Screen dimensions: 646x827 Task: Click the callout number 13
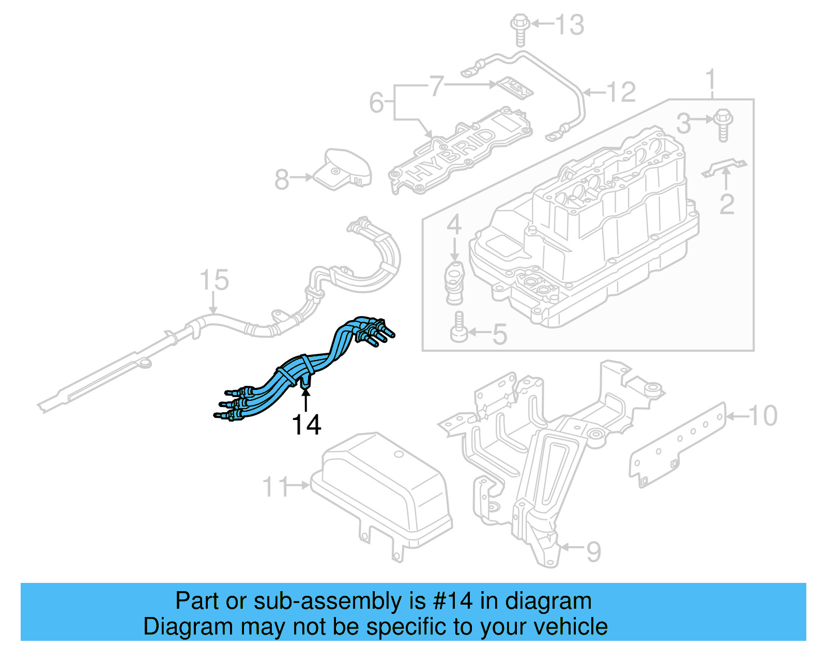(x=570, y=24)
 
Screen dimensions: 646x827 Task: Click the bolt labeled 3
(x=723, y=124)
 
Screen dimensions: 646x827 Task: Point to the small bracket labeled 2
(x=725, y=168)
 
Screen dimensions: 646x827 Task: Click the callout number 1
(x=711, y=80)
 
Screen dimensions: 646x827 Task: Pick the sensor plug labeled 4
(x=454, y=283)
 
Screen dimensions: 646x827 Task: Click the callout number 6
(x=376, y=102)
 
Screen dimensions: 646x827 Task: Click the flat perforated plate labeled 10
(x=678, y=445)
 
